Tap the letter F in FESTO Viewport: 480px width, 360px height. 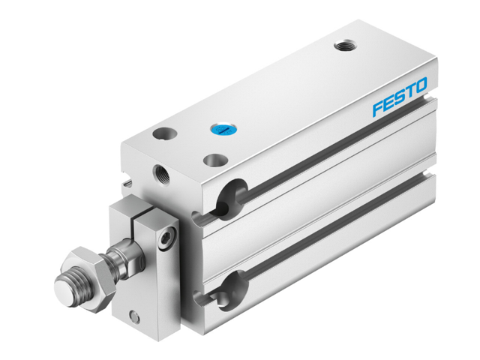pyautogui.click(x=379, y=108)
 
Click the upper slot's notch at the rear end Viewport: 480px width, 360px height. pyautogui.click(x=427, y=97)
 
